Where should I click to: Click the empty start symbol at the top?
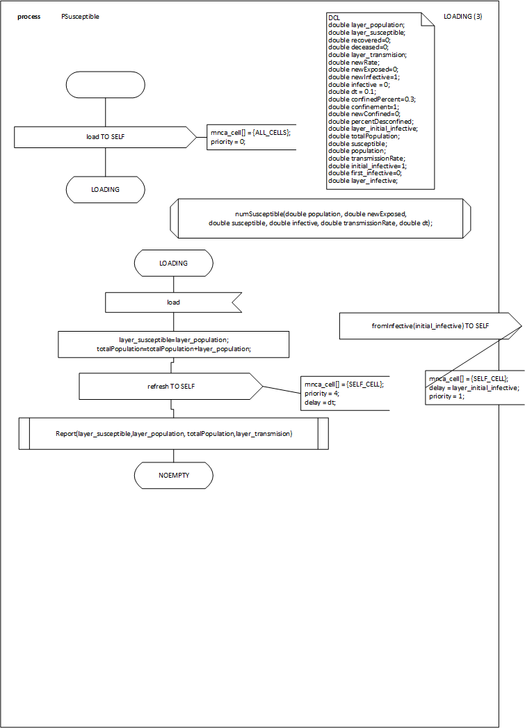105,84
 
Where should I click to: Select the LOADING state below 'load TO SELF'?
105,189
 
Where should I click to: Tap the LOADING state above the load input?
173,264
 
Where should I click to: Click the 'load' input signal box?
173,302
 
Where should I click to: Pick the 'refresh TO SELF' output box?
170,386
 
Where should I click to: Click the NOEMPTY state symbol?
173,476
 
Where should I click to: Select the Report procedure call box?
173,433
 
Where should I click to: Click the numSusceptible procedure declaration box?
320,218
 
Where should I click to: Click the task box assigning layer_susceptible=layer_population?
173,343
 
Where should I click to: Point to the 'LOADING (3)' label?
462,16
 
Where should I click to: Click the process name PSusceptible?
80,16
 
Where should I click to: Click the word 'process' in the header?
29,16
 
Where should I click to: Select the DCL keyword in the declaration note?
333,17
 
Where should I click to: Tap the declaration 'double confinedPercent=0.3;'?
371,99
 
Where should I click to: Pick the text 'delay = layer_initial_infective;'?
474,387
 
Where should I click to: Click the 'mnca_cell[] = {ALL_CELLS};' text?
250,132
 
